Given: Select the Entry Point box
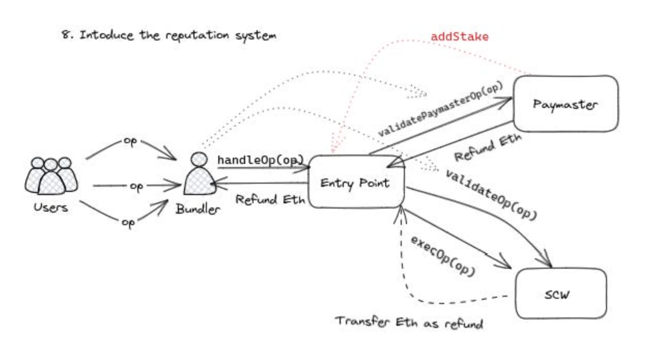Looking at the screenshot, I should tap(356, 183).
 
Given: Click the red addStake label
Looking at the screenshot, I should tap(460, 37).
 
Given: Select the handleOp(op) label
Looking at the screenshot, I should tap(260, 160).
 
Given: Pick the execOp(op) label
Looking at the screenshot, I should tap(443, 255).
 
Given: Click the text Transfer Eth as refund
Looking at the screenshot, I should tap(408, 323).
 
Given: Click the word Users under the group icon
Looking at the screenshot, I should tap(51, 208).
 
